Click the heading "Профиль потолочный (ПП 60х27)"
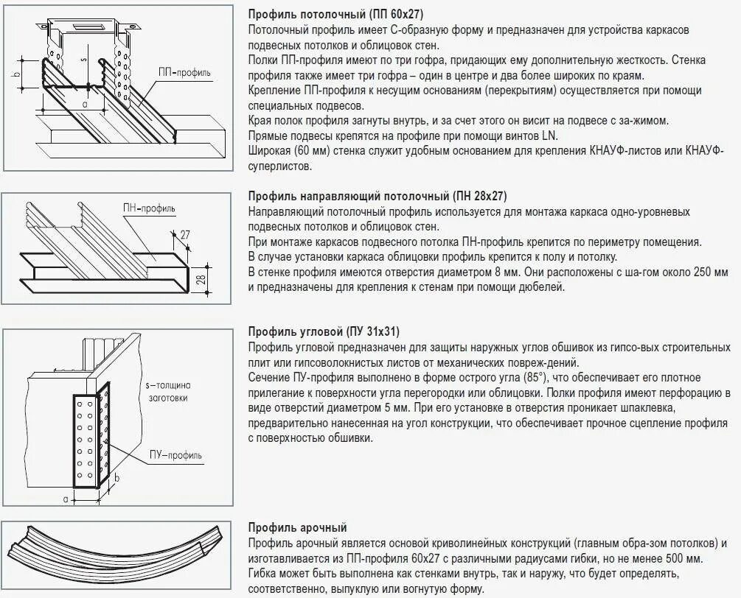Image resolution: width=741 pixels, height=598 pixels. pos(335,14)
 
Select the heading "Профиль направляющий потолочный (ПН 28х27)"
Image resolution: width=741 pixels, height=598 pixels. pos(378,196)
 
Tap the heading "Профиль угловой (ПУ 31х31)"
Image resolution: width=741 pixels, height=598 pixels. pos(324,331)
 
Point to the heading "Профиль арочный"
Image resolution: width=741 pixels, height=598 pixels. pos(297,527)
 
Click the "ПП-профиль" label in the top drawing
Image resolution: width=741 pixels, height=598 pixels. pos(184,72)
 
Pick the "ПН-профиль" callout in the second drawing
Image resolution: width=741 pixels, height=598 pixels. pos(149,209)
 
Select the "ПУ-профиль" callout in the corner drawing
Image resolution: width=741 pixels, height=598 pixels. pos(175,455)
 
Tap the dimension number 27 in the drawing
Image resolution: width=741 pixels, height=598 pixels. pos(184,235)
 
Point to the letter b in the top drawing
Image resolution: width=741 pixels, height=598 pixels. pos(15,74)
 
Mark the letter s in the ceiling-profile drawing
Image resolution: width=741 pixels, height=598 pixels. pos(83,56)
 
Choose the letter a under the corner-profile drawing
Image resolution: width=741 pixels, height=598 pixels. pos(66,499)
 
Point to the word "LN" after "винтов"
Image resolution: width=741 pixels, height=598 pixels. pos(551,136)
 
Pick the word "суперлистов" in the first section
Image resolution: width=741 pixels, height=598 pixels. pos(280,166)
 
